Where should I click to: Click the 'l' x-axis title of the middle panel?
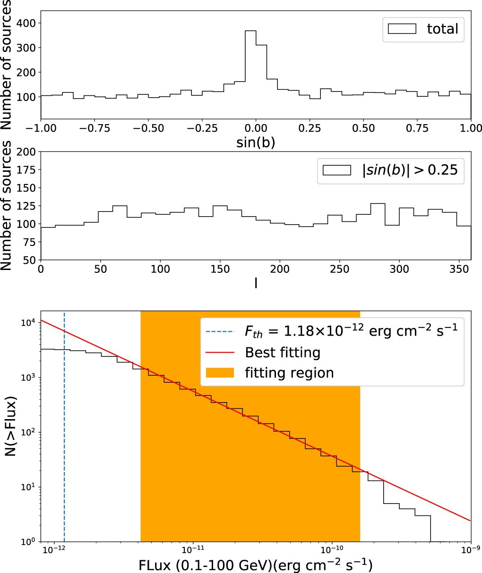coord(256,284)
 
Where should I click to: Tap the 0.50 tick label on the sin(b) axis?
coord(363,128)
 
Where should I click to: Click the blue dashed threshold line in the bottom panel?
coord(64,425)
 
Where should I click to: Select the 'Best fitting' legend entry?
coord(283,352)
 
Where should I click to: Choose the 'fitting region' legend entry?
coord(289,373)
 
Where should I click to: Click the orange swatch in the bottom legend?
coord(220,373)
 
